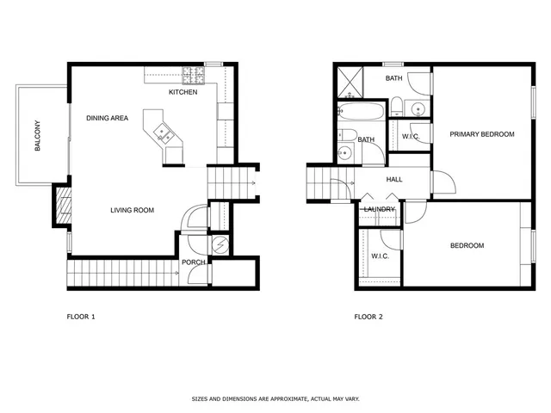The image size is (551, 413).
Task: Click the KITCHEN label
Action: [183, 92]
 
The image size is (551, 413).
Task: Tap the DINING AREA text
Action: [108, 119]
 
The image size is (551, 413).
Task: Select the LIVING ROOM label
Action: [132, 209]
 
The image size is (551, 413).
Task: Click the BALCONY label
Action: [38, 136]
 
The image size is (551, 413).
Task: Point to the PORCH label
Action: [192, 263]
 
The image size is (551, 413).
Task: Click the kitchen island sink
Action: [164, 133]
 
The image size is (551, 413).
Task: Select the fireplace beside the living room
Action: [62, 206]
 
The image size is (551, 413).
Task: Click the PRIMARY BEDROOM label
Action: [481, 134]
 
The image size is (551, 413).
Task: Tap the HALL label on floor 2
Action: [394, 180]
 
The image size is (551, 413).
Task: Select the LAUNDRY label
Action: [379, 209]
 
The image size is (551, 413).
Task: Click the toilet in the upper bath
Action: [395, 108]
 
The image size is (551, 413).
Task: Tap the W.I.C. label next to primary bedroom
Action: [411, 137]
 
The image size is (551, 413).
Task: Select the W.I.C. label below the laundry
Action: [380, 256]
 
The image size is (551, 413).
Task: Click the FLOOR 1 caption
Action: [81, 317]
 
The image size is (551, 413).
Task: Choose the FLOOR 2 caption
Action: [368, 317]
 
